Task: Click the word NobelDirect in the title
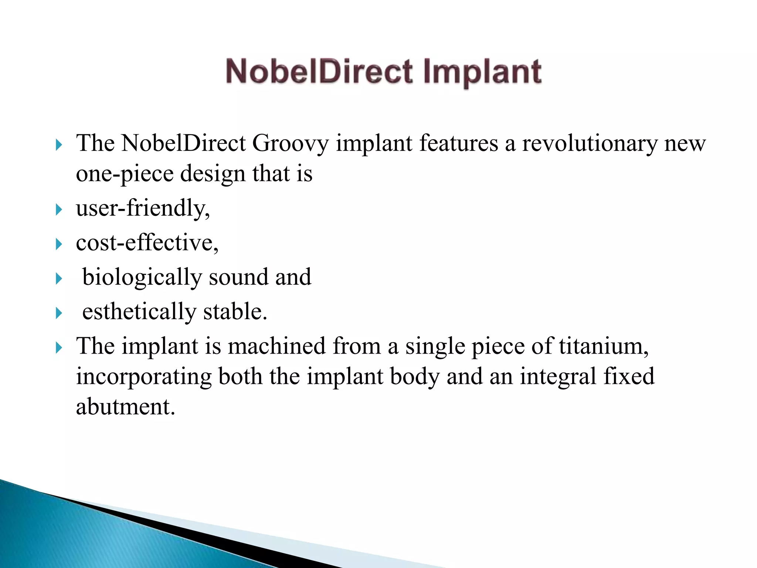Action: point(319,72)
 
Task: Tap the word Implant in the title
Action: point(482,72)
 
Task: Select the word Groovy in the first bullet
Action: point(290,143)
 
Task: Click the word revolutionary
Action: point(590,143)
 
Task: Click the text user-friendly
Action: point(143,208)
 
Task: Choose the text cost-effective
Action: point(147,243)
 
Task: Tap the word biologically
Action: point(142,277)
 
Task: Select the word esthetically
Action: point(139,312)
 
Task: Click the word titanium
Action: point(603,346)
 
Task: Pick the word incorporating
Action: point(144,377)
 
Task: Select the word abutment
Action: point(125,407)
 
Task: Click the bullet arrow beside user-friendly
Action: point(59,210)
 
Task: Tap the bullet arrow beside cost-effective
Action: point(59,244)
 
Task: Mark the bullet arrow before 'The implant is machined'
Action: point(59,348)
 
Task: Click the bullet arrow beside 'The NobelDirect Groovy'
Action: point(59,145)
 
